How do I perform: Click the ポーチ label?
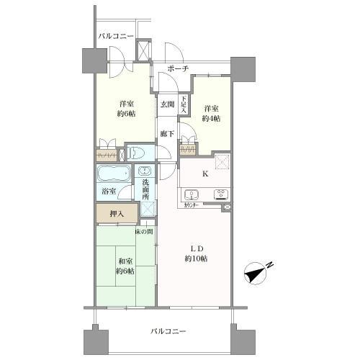tap(177, 68)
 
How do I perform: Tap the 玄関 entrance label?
tap(166, 103)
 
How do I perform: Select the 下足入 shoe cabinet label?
tap(184, 104)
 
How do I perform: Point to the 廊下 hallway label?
tap(167, 133)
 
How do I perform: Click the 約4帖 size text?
tap(211, 118)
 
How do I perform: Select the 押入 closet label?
tap(117, 213)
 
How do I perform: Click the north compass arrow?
tap(256, 273)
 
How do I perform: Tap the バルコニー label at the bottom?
tap(169, 331)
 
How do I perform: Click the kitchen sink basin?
tap(192, 193)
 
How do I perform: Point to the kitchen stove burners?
tap(219, 193)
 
